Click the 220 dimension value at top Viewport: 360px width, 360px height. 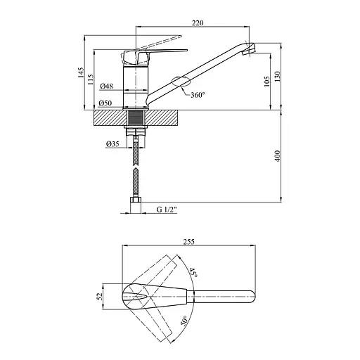(198, 22)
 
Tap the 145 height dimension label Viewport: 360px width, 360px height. (81, 72)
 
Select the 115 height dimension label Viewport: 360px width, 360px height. (90, 79)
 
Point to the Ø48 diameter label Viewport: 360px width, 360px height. (106, 86)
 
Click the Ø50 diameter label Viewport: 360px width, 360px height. (105, 103)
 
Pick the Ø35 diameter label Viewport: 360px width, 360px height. (112, 143)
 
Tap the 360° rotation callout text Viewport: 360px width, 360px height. (198, 95)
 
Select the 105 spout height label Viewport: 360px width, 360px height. (267, 82)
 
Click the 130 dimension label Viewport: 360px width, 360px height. (277, 77)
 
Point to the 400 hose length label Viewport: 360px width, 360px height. (277, 156)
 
